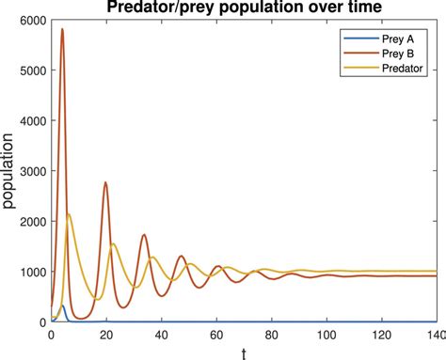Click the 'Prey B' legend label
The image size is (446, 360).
[393, 54]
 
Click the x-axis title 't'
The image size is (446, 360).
[243, 352]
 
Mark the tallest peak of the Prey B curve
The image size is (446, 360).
[62, 29]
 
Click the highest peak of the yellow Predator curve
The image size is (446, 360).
[69, 214]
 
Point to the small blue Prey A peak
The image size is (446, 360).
[62, 305]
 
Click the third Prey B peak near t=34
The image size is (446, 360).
[144, 235]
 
